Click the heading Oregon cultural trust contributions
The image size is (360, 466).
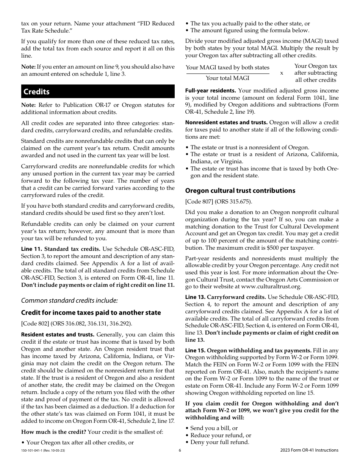[240, 191]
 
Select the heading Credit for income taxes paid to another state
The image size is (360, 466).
[91, 313]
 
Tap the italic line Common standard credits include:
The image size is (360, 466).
[69, 300]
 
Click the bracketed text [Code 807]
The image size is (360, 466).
[199, 202]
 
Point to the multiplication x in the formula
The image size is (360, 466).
[282, 73]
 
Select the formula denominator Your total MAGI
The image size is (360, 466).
[227, 78]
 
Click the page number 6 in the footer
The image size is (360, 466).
[180, 450]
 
